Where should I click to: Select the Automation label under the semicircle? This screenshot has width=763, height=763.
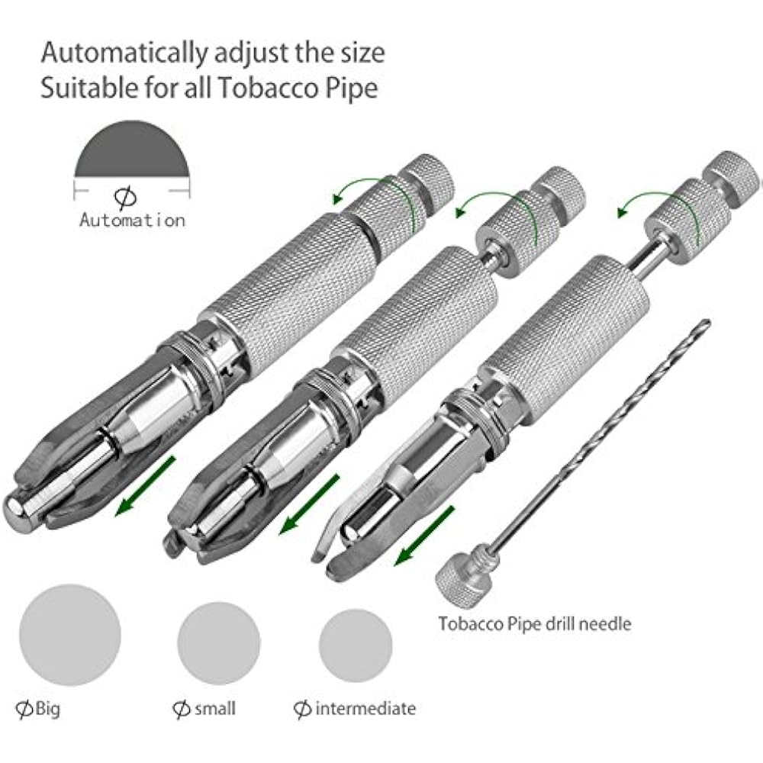[x=132, y=221]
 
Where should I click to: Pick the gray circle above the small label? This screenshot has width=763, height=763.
[x=218, y=638]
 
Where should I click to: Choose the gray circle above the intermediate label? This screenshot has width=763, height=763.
[x=356, y=639]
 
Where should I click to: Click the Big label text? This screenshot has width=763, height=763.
[x=47, y=709]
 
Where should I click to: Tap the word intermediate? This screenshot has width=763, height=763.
[x=365, y=709]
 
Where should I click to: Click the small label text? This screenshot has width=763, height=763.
[x=214, y=709]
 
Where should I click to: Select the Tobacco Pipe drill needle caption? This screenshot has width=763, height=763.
[x=535, y=623]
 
